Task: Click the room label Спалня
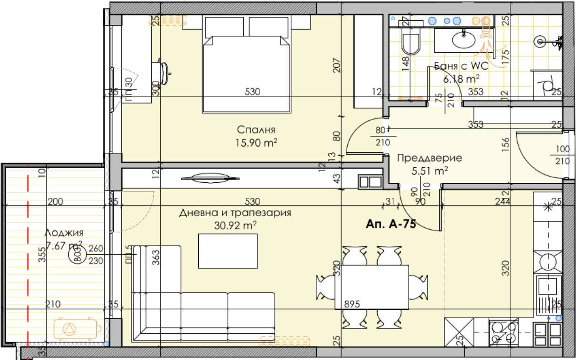(x=256, y=130)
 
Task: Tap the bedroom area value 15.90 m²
(x=257, y=143)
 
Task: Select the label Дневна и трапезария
(x=235, y=213)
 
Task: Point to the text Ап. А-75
(x=390, y=224)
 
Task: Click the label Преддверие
(x=429, y=158)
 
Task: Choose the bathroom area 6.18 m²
(x=461, y=78)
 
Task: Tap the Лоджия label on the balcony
(x=64, y=233)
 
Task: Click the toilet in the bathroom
(x=411, y=41)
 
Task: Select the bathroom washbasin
(x=464, y=39)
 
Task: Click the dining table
(x=372, y=287)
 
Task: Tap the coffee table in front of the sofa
(x=228, y=251)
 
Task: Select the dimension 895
(x=352, y=304)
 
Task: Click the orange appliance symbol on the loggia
(x=77, y=329)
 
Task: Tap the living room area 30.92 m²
(x=235, y=226)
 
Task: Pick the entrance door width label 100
(x=563, y=149)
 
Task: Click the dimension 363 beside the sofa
(x=156, y=258)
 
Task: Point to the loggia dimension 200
(x=55, y=201)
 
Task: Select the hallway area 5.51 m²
(x=429, y=171)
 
